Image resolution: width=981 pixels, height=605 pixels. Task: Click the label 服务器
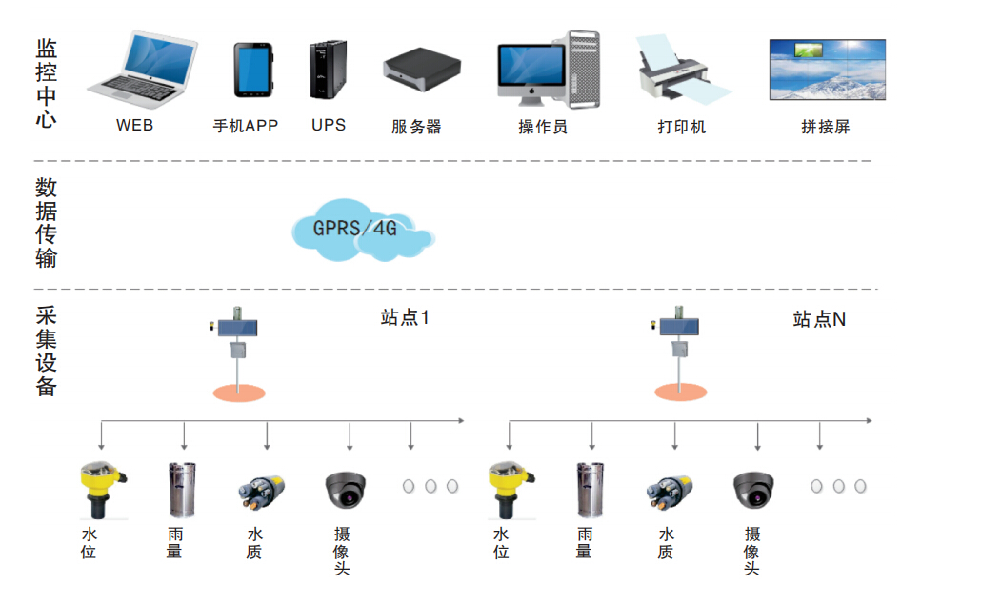click(x=416, y=127)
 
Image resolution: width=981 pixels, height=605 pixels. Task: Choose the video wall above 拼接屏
click(x=827, y=70)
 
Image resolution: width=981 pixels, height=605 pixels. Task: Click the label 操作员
click(x=543, y=127)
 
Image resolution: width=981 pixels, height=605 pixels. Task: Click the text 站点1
click(x=405, y=318)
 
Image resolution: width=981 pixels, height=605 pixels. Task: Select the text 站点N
click(x=818, y=319)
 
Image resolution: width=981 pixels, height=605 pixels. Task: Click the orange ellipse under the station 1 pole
click(x=238, y=391)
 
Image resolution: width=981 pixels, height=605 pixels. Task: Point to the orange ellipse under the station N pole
click(x=681, y=391)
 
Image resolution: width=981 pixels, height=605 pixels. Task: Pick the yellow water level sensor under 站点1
click(x=101, y=488)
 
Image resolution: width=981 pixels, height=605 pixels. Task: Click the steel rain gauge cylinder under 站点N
click(x=590, y=490)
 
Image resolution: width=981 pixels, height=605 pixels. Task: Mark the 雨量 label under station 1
click(x=174, y=542)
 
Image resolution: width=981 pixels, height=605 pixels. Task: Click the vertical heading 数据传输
click(x=46, y=222)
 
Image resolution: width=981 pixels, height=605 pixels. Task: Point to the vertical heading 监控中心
click(x=46, y=83)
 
